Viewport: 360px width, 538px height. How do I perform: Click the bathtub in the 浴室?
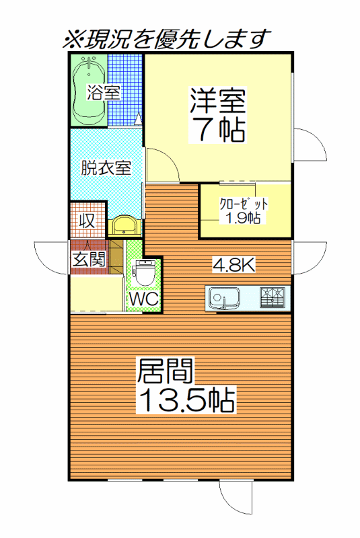click(x=89, y=91)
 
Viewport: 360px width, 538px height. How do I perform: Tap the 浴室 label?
click(x=103, y=92)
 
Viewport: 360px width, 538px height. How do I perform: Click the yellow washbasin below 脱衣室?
click(x=124, y=225)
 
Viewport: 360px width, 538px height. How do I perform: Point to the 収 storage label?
click(x=87, y=221)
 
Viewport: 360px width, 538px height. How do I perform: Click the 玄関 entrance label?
click(x=89, y=259)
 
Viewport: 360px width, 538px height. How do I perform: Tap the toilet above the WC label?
click(x=144, y=272)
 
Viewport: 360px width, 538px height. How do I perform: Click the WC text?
click(x=144, y=299)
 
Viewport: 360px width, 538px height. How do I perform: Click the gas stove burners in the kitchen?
click(x=272, y=297)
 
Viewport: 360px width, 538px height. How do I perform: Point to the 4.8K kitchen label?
click(x=233, y=264)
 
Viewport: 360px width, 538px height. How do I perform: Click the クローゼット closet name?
click(x=244, y=204)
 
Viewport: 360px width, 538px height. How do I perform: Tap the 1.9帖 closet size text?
click(x=242, y=218)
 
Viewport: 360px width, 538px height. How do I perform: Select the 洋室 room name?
click(x=218, y=101)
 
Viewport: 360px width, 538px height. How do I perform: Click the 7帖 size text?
click(x=219, y=129)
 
